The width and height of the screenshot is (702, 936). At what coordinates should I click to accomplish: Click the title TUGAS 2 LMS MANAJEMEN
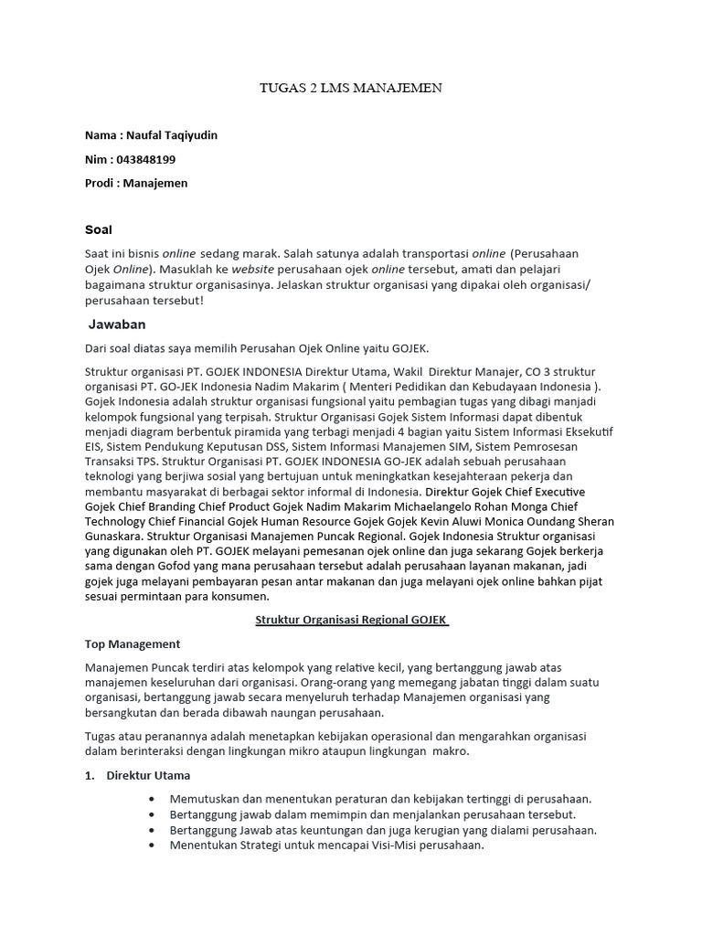(351, 88)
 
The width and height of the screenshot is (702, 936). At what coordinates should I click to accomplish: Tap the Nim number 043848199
(146, 159)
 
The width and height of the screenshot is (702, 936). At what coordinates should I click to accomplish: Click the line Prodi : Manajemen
(136, 183)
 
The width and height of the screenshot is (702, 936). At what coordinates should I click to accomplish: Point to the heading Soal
(98, 229)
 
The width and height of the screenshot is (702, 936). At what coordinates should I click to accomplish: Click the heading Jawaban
(117, 324)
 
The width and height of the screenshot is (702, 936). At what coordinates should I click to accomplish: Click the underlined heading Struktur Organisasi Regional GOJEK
(351, 619)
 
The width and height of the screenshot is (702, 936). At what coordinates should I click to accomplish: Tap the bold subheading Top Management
(133, 643)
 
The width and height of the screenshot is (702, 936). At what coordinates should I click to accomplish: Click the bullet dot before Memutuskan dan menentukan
(151, 798)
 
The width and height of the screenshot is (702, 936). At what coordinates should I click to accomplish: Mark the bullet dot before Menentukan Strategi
(151, 846)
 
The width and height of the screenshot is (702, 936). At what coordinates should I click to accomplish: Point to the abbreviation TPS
(149, 462)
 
